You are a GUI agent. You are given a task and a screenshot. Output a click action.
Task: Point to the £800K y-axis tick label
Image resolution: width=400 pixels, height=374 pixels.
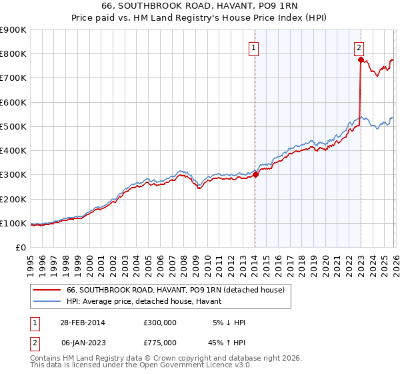point(13,54)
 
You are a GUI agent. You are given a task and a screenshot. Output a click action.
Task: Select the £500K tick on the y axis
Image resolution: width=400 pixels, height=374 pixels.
point(13,126)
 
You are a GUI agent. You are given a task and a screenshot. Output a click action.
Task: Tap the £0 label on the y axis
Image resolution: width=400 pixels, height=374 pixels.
point(21,247)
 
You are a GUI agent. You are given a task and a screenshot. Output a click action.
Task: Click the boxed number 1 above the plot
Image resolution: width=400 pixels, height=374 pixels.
point(255,47)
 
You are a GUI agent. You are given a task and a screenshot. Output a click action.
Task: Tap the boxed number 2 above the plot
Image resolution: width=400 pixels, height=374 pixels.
point(359,47)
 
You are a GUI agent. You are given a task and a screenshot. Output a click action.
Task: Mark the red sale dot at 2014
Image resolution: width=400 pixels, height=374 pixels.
point(255,174)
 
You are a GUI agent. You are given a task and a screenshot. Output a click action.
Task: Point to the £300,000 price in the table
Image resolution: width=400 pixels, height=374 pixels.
point(160,322)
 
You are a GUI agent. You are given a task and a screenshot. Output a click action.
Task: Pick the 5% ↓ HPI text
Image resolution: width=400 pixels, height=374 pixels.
point(228,322)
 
